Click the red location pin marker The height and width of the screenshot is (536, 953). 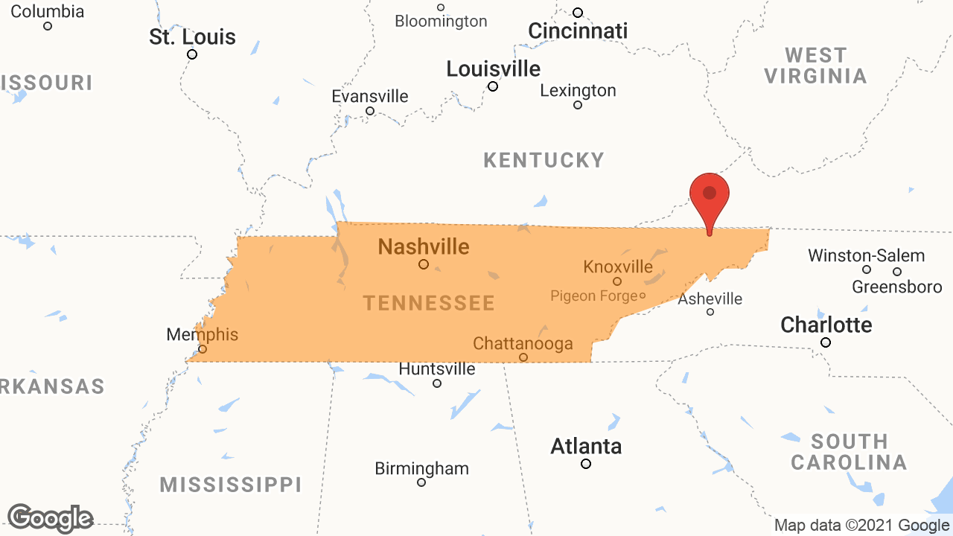710,195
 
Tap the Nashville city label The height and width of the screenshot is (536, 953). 424,246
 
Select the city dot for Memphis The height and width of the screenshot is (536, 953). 203,348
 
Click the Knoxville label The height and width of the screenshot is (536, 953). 618,267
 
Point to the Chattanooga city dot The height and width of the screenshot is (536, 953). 523,357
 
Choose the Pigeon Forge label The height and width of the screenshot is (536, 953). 593,296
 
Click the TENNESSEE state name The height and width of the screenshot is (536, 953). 429,303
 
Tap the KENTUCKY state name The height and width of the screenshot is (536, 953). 544,160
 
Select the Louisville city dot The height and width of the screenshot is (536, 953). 493,86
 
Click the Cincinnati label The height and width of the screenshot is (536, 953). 578,31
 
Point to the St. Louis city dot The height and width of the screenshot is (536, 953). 192,54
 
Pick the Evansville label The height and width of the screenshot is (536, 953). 370,97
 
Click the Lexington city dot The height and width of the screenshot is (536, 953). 578,105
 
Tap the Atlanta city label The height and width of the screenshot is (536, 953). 586,447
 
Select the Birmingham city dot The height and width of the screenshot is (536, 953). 421,482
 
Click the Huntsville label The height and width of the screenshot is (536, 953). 437,369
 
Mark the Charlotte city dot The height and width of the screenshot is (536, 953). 826,342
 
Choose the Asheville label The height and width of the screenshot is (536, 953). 710,299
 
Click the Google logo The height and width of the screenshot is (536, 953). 51,518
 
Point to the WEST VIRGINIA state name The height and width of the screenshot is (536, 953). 816,66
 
